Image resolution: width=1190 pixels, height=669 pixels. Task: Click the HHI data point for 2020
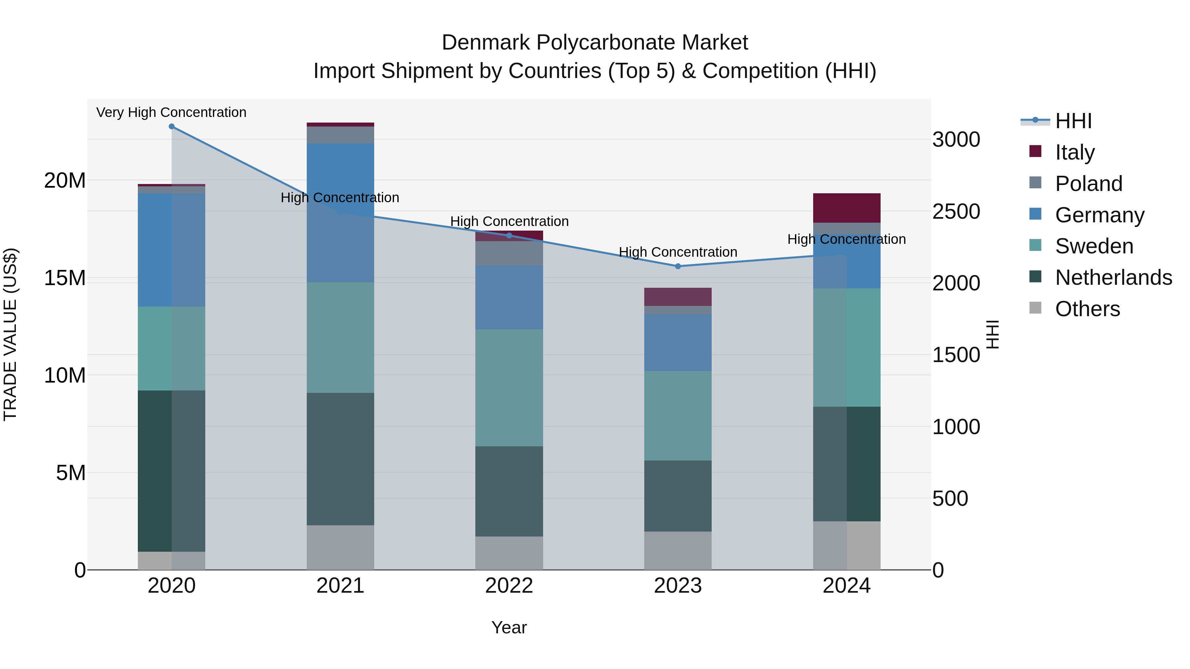point(171,127)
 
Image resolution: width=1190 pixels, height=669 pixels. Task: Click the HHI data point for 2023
point(678,266)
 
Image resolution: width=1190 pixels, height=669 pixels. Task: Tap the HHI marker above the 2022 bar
point(509,236)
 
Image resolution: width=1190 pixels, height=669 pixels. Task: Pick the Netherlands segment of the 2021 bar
point(340,459)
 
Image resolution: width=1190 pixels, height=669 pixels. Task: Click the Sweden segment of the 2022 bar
point(509,388)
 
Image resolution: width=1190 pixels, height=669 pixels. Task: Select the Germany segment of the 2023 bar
point(678,343)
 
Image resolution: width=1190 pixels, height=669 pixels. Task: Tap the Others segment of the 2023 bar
point(678,550)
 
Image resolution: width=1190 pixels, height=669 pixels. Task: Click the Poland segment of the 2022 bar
point(509,253)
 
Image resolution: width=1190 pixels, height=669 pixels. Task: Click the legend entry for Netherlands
point(1113,278)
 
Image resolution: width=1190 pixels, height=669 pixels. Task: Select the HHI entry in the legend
point(1073,121)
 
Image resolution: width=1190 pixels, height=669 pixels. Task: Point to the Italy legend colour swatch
point(1035,151)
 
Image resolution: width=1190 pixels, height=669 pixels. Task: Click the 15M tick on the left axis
point(65,278)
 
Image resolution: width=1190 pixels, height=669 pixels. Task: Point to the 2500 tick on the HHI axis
point(956,211)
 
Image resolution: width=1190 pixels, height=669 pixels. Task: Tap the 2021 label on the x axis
point(340,586)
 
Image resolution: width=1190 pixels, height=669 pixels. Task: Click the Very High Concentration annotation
point(171,113)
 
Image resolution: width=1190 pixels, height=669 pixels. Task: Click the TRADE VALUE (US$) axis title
point(10,334)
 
